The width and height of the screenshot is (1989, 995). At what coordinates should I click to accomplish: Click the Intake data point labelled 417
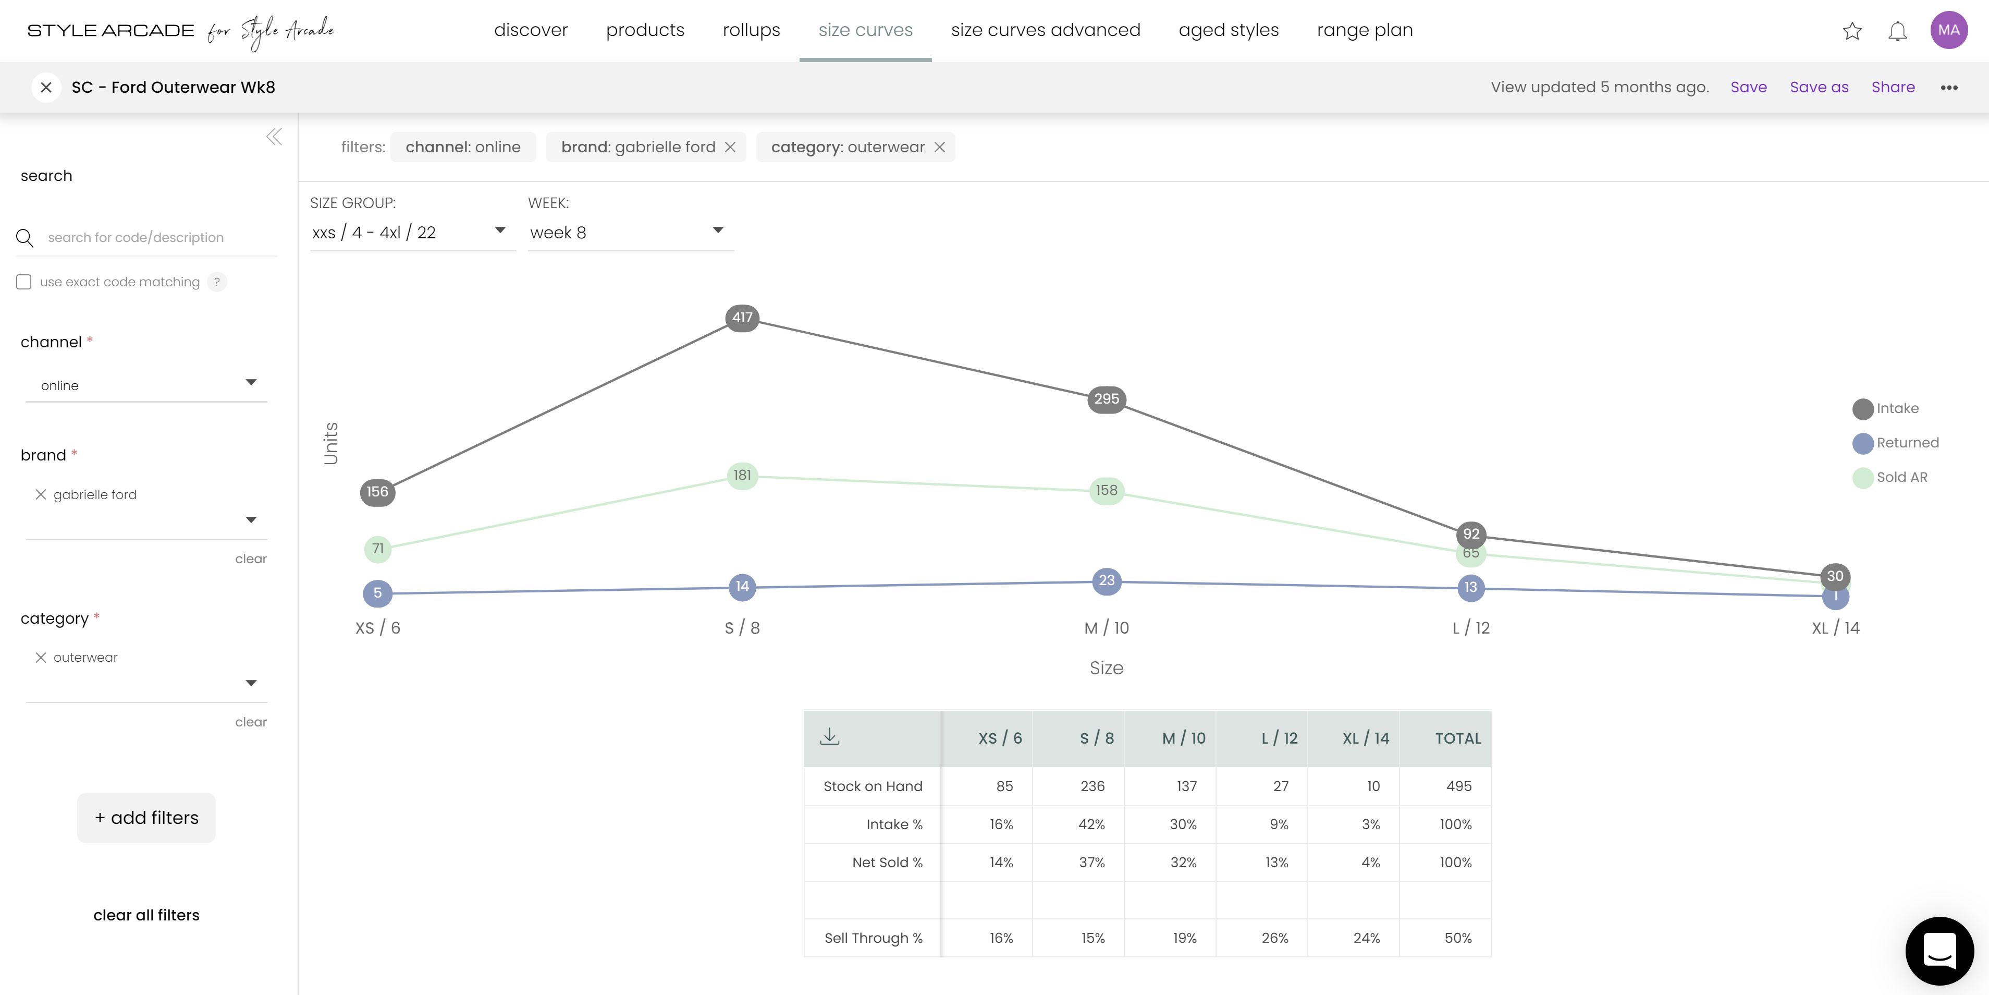742,318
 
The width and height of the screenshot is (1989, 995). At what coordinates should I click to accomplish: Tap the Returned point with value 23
1107,581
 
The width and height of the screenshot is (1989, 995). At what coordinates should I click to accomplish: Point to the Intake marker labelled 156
377,492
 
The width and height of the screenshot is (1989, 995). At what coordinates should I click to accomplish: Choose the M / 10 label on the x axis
1107,628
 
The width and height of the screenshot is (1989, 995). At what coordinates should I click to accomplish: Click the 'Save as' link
1819,87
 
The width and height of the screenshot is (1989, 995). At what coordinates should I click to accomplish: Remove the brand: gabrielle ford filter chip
730,147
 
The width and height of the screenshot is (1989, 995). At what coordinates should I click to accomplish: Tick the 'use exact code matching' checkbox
24,282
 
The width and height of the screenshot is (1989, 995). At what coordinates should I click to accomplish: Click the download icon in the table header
830,737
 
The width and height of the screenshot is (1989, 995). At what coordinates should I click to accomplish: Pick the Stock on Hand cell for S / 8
1092,786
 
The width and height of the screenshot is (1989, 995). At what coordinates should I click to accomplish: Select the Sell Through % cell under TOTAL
1457,938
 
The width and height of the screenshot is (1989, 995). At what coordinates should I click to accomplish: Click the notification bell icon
1897,31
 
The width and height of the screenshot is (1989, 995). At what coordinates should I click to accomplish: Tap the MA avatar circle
1948,30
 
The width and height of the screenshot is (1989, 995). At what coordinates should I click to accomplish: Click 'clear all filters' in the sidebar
146,915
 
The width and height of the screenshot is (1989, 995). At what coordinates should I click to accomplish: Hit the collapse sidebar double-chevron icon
274,137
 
